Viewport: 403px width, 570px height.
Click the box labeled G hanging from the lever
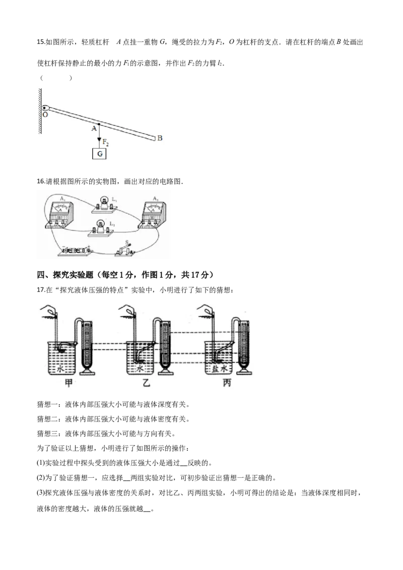(100, 154)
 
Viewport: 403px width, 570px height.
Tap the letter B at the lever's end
(160, 138)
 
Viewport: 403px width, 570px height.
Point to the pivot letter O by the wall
(45, 114)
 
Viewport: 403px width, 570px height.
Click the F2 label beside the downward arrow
(105, 142)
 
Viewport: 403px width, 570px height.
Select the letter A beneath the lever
(94, 128)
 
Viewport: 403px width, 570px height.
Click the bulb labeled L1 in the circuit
(104, 204)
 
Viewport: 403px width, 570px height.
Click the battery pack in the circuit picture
(76, 250)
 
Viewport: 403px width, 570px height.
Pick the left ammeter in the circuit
(59, 215)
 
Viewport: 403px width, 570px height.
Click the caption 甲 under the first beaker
(69, 382)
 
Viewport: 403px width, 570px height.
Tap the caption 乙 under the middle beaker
(146, 382)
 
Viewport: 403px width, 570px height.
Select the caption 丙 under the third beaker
(227, 382)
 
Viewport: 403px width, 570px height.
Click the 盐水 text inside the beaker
(220, 369)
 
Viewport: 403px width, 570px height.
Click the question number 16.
(40, 181)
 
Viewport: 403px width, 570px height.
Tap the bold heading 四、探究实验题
(65, 275)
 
